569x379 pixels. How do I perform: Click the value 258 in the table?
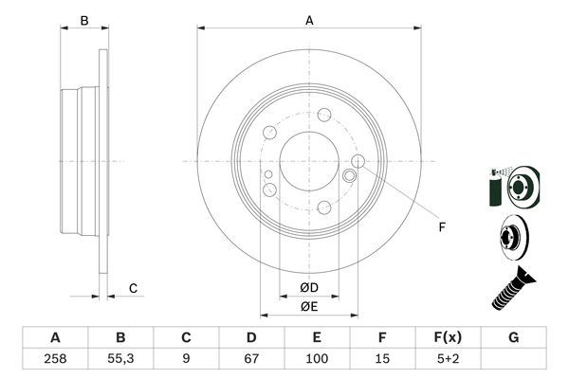(55, 361)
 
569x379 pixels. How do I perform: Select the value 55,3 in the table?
(120, 361)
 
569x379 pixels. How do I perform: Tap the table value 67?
(251, 361)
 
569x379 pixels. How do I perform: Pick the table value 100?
(317, 361)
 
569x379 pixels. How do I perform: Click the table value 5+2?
(448, 361)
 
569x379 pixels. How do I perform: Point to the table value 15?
(382, 361)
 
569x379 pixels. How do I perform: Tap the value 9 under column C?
(186, 361)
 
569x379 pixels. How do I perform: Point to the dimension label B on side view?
(83, 20)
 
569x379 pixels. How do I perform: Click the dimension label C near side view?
(134, 288)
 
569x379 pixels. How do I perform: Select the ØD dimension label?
(308, 286)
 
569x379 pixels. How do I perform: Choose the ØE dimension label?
(308, 305)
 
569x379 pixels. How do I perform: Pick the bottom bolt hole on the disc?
(325, 207)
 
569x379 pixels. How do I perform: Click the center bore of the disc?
(309, 160)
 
